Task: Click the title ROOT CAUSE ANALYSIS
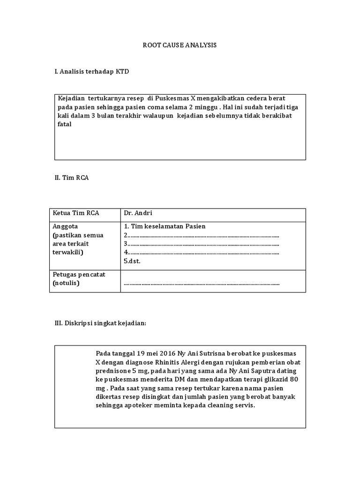180,45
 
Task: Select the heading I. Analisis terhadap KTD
91,72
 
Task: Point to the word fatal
65,124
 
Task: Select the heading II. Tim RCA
72,178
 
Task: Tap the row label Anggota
65,226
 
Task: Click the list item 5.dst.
132,262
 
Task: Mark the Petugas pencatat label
79,275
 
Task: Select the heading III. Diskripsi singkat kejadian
101,324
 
